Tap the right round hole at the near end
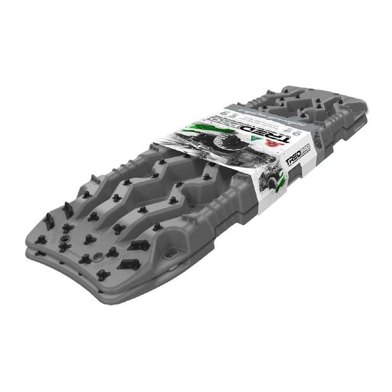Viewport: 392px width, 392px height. [99, 258]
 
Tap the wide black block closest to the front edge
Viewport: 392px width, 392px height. [126, 264]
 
